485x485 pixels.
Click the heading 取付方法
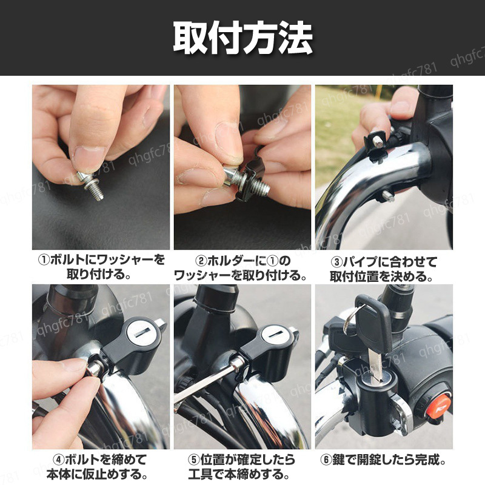tap(243, 38)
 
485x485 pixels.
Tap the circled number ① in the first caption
tap(44, 260)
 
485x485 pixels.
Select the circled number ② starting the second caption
tap(201, 261)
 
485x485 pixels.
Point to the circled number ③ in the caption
tap(336, 262)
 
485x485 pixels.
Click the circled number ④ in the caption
tap(58, 460)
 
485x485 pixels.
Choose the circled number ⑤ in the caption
tap(194, 460)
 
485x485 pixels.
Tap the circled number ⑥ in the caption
tap(326, 460)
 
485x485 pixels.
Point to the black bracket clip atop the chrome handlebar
tap(375, 144)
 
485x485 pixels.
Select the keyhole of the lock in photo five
tap(275, 336)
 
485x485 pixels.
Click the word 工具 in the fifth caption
tap(201, 474)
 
